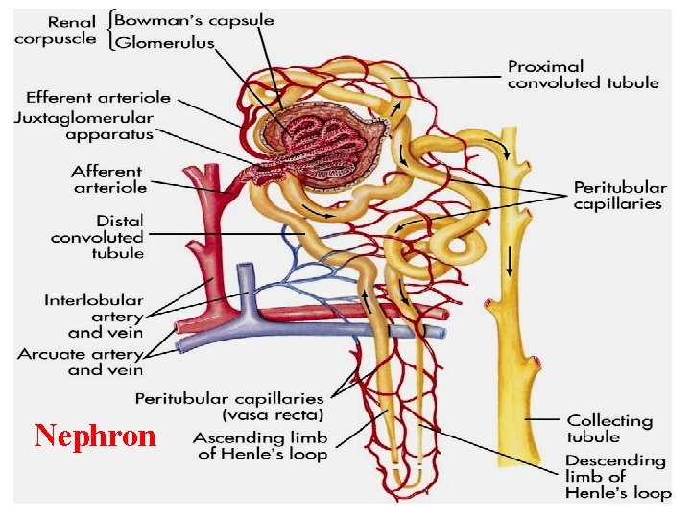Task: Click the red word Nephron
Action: pos(94,436)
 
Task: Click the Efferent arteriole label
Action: pos(98,97)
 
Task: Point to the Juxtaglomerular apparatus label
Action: pos(83,126)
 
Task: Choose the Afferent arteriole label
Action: pos(107,179)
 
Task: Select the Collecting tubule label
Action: pos(609,428)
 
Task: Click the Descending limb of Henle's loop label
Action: pos(617,476)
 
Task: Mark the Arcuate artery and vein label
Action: pos(80,362)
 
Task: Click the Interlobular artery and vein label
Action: pos(93,316)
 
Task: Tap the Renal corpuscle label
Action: pos(55,30)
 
